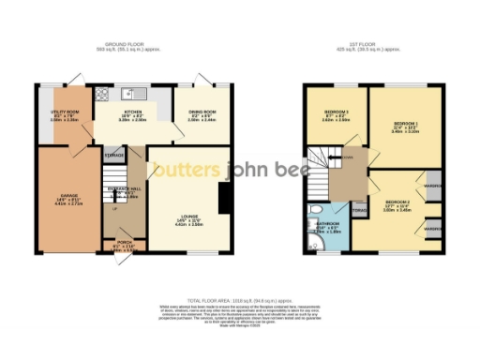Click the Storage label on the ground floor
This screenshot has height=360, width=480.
(x=113, y=154)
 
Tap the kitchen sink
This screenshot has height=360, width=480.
(x=137, y=93)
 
